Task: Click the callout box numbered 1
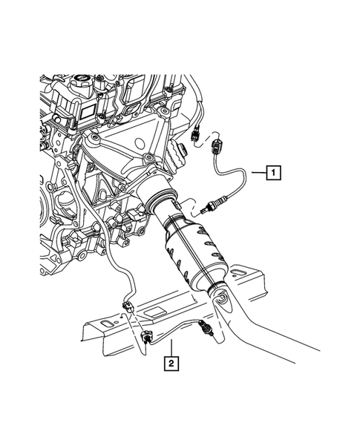274,174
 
